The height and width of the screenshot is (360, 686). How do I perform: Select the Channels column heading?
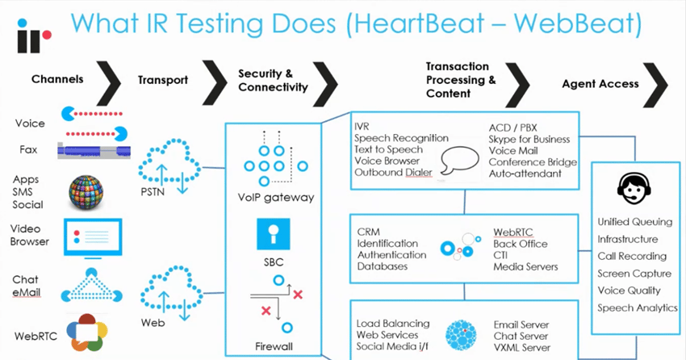[x=57, y=80]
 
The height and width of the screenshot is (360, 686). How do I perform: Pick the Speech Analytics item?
[x=637, y=308]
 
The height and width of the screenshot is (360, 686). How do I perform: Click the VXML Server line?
[x=522, y=347]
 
